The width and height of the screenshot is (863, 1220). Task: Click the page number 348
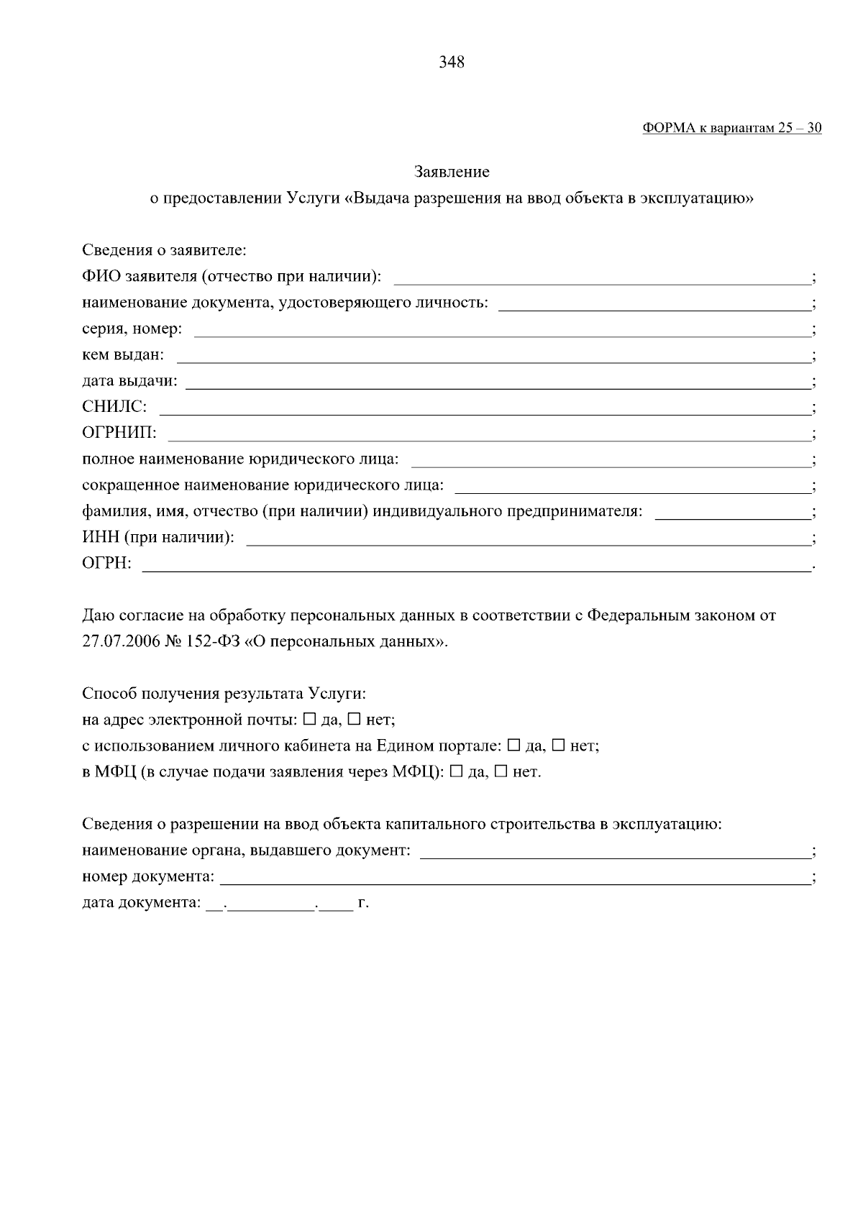pos(452,63)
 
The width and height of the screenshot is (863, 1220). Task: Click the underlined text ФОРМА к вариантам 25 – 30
pos(732,129)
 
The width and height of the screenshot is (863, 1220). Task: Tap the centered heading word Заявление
pos(452,173)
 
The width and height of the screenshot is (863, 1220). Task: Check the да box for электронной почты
pos(310,719)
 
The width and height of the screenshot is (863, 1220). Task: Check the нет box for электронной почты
pos(355,719)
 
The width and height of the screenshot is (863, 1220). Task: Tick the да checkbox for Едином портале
pos(513,746)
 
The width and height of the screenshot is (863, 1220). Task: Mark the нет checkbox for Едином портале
pos(558,746)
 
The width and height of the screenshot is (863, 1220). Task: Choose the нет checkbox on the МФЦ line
pos(501,772)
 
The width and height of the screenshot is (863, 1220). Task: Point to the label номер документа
pos(148,877)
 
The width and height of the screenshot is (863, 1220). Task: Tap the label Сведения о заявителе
pos(164,251)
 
